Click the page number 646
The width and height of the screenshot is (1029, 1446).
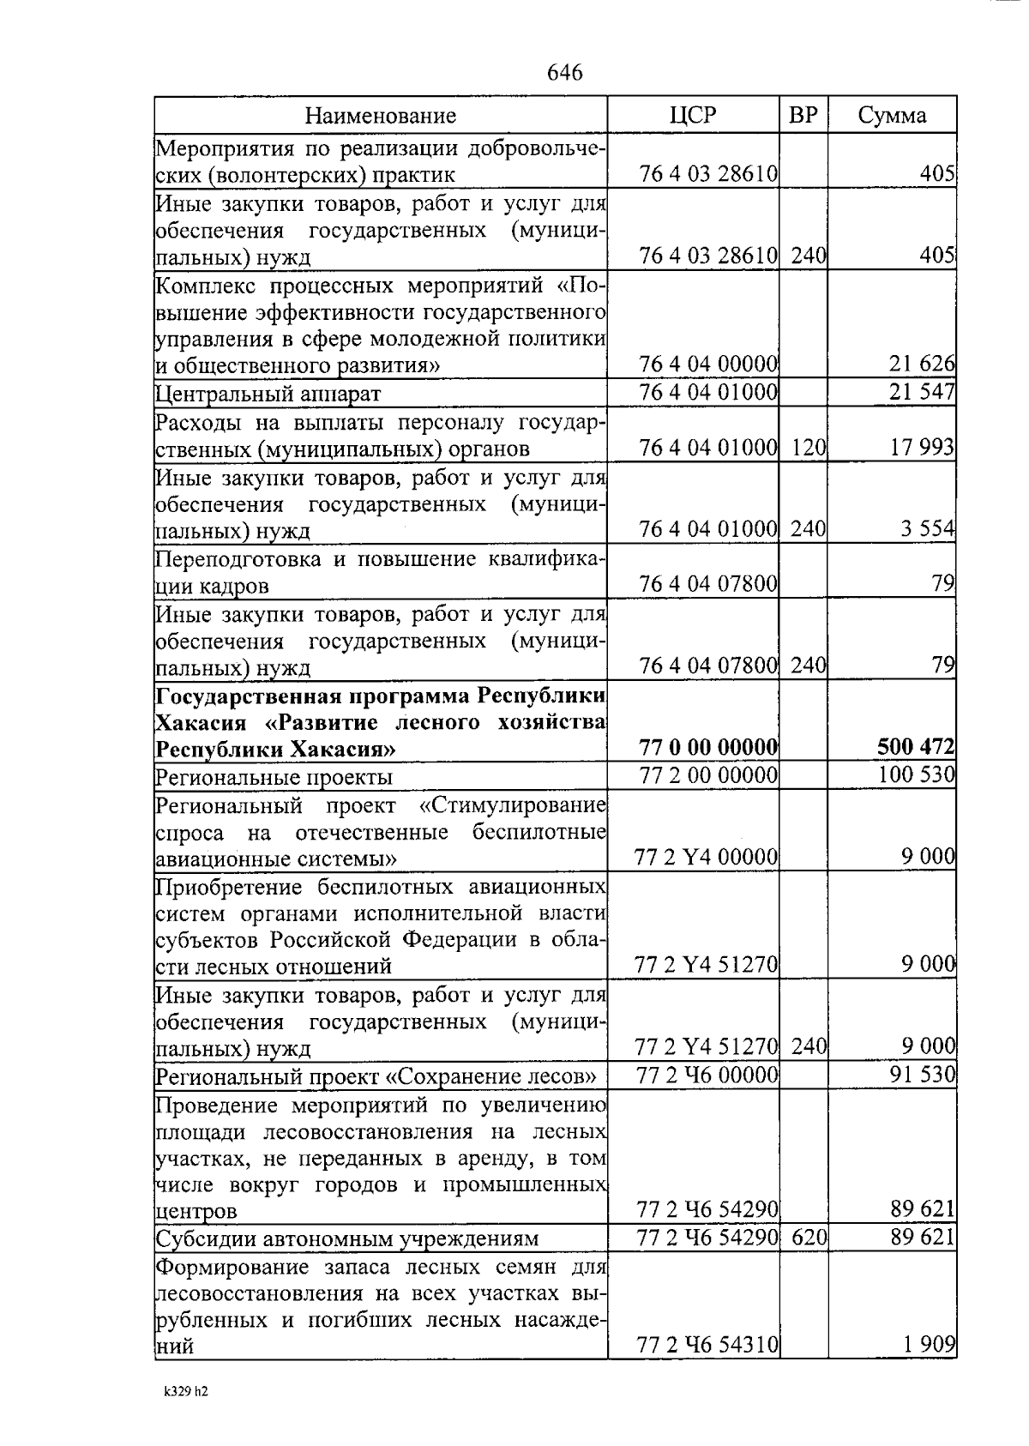[x=564, y=72]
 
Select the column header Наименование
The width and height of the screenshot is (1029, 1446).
[x=381, y=115]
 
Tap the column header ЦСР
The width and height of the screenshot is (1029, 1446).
[x=692, y=115]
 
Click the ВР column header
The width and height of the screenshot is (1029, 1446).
[x=803, y=115]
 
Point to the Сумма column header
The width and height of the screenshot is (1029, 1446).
[x=892, y=115]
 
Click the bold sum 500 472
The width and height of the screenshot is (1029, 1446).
[x=916, y=748]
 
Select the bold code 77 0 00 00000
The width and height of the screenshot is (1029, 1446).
[x=708, y=748]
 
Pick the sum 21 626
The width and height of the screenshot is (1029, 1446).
[x=922, y=365]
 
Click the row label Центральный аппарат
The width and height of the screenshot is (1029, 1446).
[x=268, y=394]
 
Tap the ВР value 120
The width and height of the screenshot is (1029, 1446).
[x=808, y=448]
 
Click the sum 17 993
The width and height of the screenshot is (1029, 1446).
[x=922, y=448]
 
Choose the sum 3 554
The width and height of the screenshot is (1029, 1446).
[x=927, y=529]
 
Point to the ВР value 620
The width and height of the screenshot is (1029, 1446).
[x=808, y=1238]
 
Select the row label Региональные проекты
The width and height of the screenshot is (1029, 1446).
[x=274, y=777]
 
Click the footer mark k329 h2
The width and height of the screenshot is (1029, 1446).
[x=185, y=1391]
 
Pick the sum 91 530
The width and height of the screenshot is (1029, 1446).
[x=922, y=1075]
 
